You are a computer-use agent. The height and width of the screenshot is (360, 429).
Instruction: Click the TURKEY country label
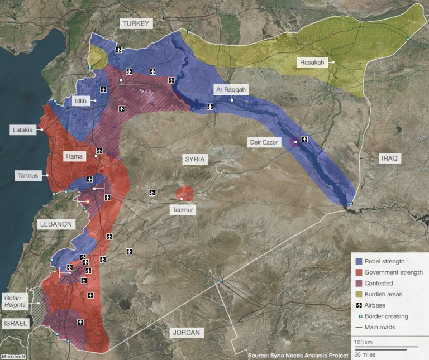[136, 23]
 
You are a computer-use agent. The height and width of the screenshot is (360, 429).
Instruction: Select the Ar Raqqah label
[229, 89]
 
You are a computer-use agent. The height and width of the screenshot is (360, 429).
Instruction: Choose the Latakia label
[23, 130]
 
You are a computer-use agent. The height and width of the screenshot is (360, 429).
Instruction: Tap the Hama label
[74, 156]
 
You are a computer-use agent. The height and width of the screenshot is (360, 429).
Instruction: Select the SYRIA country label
[196, 160]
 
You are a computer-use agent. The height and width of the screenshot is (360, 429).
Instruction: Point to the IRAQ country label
[389, 159]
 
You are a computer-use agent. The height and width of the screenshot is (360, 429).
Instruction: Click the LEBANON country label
[55, 224]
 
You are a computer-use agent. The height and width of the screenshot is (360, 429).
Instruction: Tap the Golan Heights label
[16, 301]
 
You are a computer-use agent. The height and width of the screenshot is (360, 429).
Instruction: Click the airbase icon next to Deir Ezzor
[304, 138]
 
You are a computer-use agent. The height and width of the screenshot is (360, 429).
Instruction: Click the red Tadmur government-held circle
[185, 194]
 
